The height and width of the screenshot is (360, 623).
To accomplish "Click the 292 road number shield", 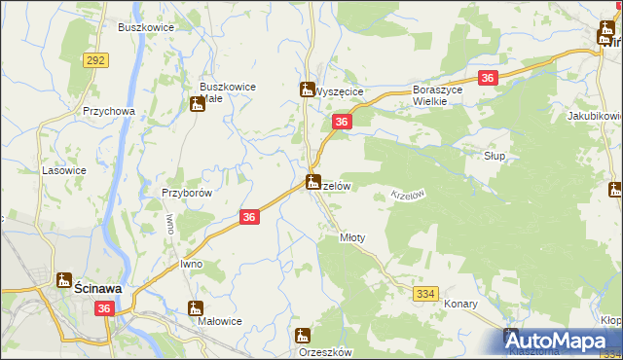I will tap(95, 60).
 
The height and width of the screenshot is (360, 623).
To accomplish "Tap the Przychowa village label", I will tap(108, 111).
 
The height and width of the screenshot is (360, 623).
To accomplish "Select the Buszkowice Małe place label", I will tap(227, 91).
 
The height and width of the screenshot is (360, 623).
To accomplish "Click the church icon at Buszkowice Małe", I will tap(198, 104).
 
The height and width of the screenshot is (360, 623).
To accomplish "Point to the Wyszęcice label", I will tap(339, 91).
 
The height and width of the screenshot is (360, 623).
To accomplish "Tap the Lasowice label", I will tap(60, 169).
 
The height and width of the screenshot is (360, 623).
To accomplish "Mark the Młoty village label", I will tap(351, 237).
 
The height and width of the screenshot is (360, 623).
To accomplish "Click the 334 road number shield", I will tap(425, 292).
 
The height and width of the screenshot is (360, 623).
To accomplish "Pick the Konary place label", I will tap(460, 304).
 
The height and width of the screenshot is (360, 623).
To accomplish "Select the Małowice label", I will tap(219, 321).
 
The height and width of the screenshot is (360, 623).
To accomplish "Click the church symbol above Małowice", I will tap(196, 308).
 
